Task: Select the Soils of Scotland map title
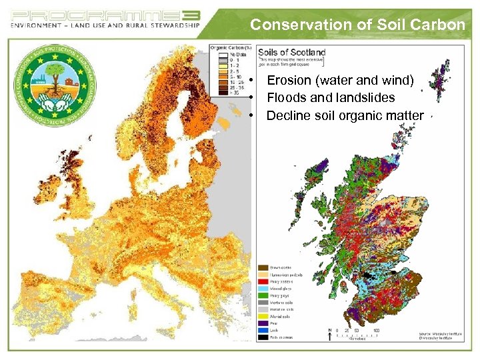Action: tap(291, 52)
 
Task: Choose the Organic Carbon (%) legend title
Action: tap(230, 47)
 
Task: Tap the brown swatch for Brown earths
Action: tap(263, 267)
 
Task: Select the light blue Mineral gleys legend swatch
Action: tap(263, 289)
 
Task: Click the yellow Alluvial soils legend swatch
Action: tap(263, 317)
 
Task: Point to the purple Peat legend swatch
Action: tap(263, 323)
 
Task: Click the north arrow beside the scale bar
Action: tap(330, 335)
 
